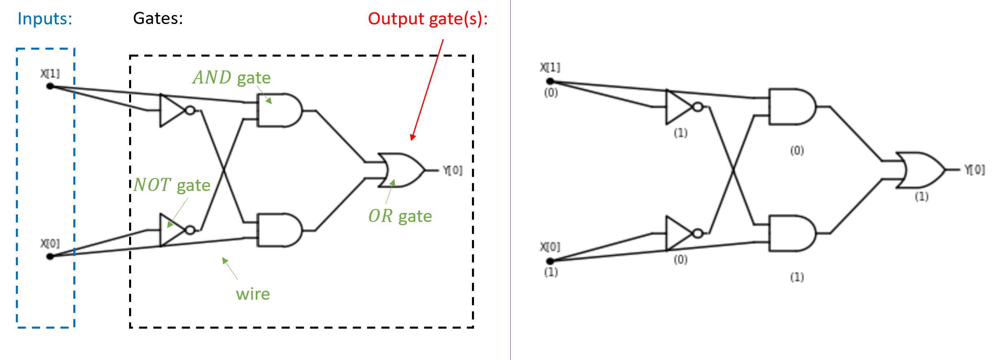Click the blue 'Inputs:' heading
pyautogui.click(x=45, y=19)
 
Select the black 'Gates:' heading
pyautogui.click(x=158, y=18)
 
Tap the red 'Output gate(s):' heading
pyautogui.click(x=428, y=19)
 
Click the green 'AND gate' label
pyautogui.click(x=231, y=77)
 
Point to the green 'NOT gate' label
pyautogui.click(x=172, y=185)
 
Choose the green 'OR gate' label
pyautogui.click(x=400, y=216)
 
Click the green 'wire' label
pyautogui.click(x=253, y=294)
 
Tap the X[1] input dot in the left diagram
pyautogui.click(x=50, y=86)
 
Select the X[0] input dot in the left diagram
pyautogui.click(x=50, y=256)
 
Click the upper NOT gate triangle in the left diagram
pyautogui.click(x=171, y=110)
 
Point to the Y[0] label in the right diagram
pyautogui.click(x=974, y=170)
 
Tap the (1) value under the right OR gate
pyautogui.click(x=922, y=197)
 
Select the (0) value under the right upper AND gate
pyautogui.click(x=797, y=151)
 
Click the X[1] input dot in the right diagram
pyautogui.click(x=550, y=81)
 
